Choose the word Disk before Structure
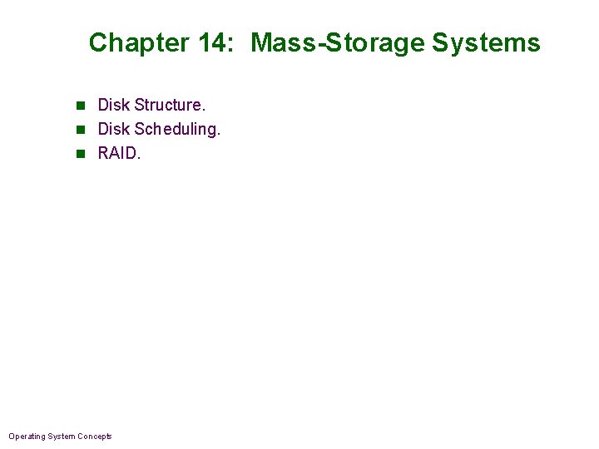(x=113, y=106)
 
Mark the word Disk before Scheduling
(x=113, y=130)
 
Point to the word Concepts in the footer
(x=95, y=437)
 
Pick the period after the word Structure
(x=204, y=110)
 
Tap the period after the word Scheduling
(x=219, y=134)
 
